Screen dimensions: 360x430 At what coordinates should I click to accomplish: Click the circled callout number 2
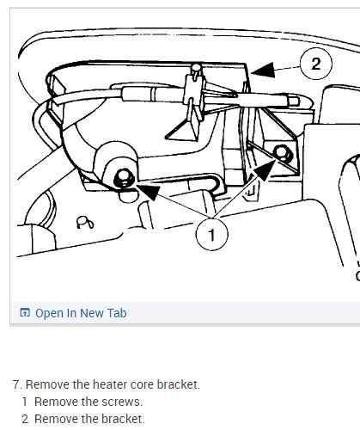[316, 64]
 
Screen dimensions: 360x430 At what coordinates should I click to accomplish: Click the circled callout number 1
[212, 235]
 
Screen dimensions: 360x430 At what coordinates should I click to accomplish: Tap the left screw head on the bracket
[124, 179]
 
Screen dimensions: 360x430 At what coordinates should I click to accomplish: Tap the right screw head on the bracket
[283, 153]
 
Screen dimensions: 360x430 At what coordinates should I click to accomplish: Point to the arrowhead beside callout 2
[263, 71]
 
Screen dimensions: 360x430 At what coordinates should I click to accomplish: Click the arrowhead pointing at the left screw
[149, 192]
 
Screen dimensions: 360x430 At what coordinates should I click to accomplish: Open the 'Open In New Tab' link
[81, 313]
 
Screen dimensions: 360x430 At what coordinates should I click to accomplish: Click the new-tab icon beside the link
[25, 312]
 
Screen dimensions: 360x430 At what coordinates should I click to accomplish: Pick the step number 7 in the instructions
[17, 384]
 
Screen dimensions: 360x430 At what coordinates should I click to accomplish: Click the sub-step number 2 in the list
[25, 419]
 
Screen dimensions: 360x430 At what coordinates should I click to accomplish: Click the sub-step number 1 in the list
[25, 402]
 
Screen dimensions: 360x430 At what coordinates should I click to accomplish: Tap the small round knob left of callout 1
[85, 223]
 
